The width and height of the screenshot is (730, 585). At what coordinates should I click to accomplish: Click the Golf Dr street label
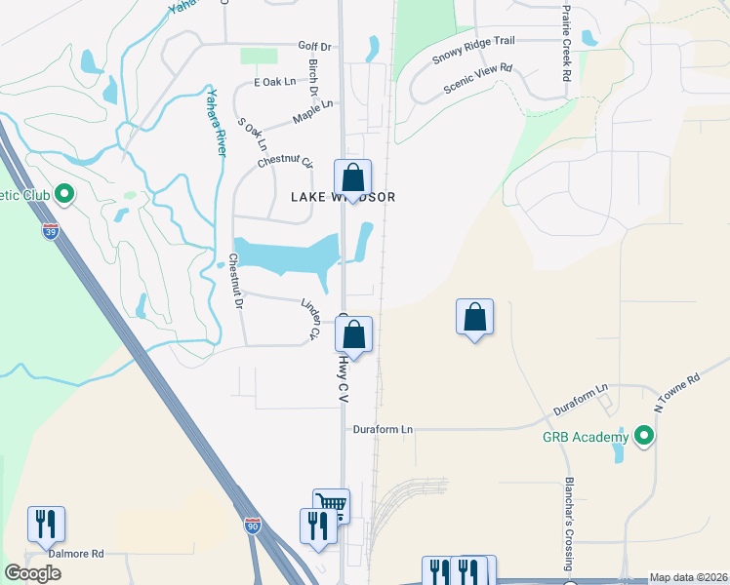(x=314, y=46)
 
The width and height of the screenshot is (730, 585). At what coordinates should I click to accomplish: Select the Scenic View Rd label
(x=478, y=76)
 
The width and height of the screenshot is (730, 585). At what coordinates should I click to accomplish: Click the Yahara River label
(x=215, y=122)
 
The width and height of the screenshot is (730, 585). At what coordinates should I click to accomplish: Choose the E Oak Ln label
(x=274, y=83)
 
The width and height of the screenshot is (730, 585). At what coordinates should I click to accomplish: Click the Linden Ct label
(x=309, y=319)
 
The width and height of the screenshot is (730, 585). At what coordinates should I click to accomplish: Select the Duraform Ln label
(x=383, y=428)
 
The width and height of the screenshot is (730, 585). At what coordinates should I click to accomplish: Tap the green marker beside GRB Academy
(x=643, y=437)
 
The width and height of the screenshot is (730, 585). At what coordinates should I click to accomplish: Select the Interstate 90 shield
(x=253, y=525)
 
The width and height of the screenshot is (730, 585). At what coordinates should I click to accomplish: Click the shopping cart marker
(x=332, y=504)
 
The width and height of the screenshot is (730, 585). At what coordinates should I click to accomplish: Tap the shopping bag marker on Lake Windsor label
(x=353, y=178)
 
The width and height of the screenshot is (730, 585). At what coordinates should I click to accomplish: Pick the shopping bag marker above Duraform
(x=474, y=317)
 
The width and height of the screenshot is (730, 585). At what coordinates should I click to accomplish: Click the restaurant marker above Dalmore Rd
(x=46, y=524)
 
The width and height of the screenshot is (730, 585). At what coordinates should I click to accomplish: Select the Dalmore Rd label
(x=77, y=554)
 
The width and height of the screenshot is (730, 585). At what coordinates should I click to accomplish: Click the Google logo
(x=32, y=572)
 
